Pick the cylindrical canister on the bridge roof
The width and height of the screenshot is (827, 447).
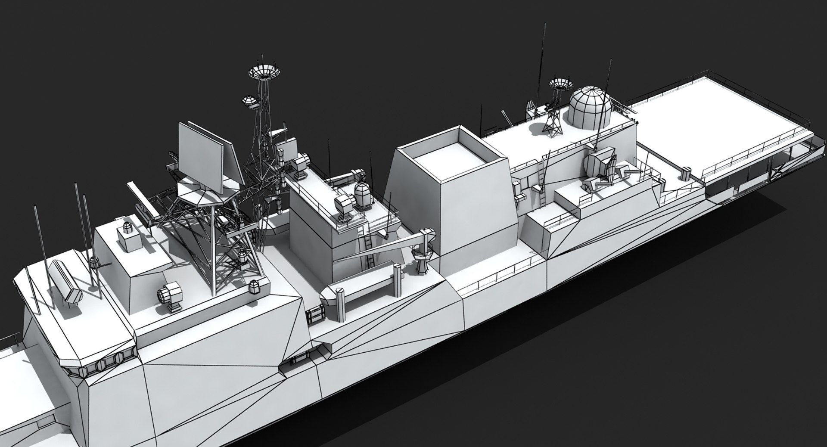pyautogui.click(x=65, y=282)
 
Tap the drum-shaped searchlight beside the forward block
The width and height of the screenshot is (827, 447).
pyautogui.click(x=171, y=295)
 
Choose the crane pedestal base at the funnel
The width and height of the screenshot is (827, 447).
pyautogui.click(x=421, y=263)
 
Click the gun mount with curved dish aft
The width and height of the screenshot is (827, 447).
pyautogui.click(x=601, y=170)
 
